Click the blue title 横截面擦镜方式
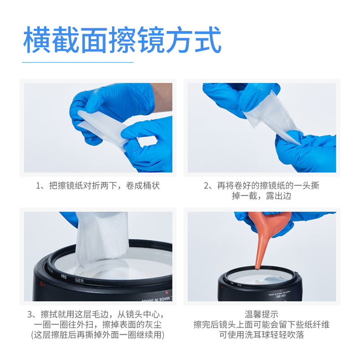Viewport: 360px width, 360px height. [122, 40]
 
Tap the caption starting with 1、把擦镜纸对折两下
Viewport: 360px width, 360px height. [98, 186]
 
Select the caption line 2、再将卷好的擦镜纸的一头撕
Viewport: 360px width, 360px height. [261, 186]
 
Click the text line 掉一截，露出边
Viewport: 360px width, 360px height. [261, 197]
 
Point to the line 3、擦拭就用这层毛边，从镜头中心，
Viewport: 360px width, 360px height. [98, 314]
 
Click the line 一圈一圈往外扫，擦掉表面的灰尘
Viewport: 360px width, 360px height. [98, 324]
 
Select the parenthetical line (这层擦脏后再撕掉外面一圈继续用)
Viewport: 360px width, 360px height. [98, 335]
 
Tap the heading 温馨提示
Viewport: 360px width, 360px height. [261, 314]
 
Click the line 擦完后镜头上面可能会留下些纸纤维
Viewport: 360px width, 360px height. [261, 324]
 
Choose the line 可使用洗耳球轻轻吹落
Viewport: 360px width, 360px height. [261, 335]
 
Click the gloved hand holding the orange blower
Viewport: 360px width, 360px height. [279, 220]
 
